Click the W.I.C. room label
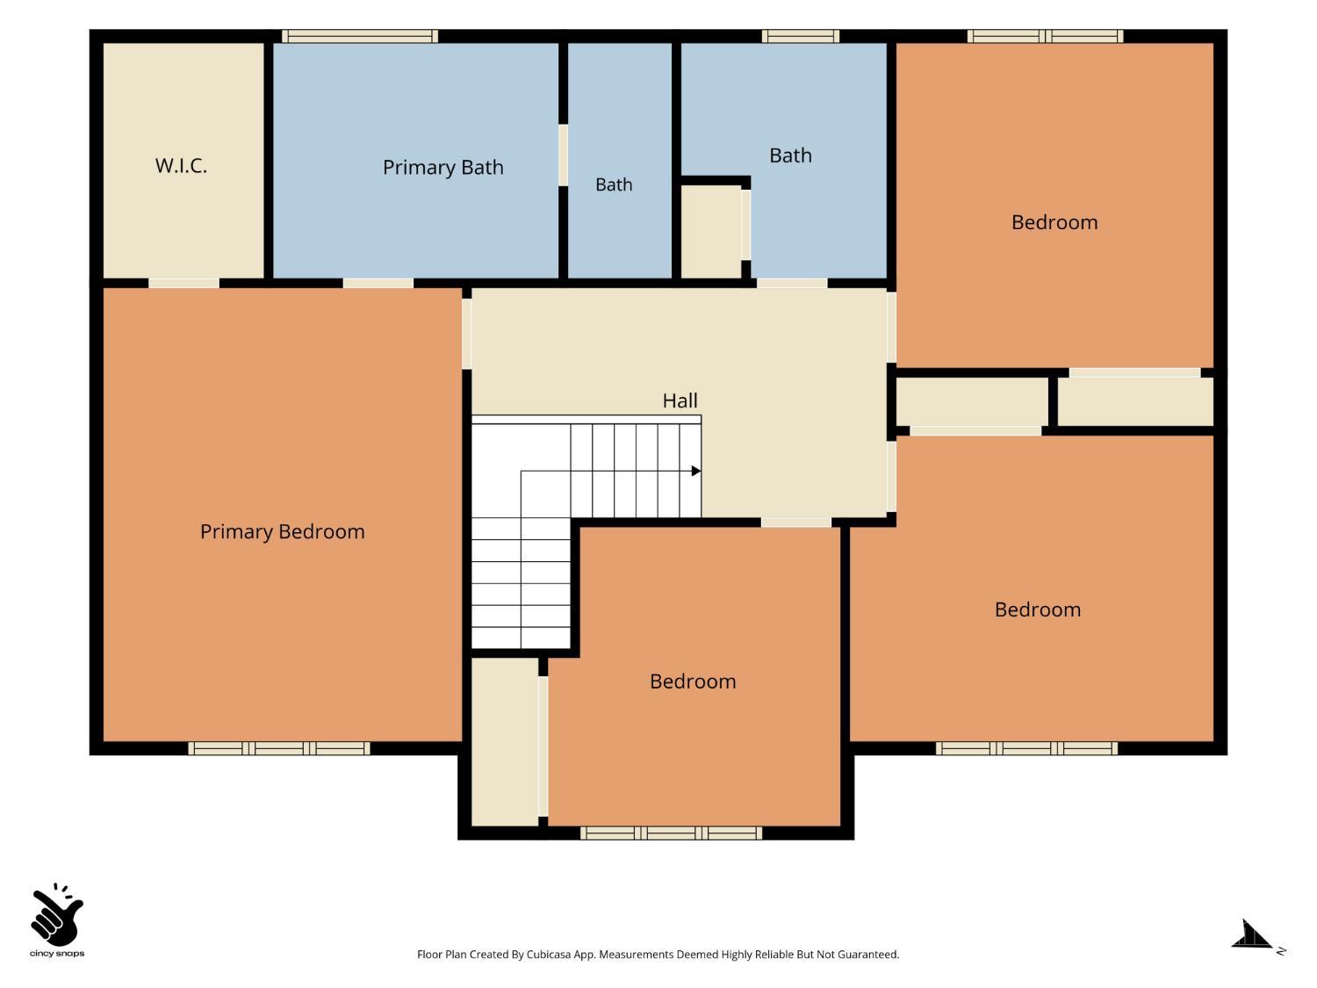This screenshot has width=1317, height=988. pos(181,166)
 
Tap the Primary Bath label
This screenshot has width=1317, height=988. pos(443,168)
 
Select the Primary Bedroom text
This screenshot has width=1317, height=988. pos(282,531)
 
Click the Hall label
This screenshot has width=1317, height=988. pos(680,400)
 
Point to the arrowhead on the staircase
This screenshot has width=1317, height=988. pos(696,471)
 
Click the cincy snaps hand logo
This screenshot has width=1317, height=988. pos(57,914)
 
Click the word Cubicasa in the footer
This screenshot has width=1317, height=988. pos(549,955)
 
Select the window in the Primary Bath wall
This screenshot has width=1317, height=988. pos(360,36)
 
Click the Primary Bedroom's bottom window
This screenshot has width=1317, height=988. pos(279,748)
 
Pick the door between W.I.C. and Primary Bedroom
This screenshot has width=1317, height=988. pos(184,283)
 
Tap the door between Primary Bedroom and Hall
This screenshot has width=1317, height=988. pos(466,334)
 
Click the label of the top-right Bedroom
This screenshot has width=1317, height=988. pos(1054,222)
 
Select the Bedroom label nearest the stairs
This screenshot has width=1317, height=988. pos(693,682)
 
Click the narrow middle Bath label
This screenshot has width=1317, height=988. pos(613,184)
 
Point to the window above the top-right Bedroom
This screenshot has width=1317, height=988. pos(1045,36)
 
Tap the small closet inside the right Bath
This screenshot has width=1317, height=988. pos(711,232)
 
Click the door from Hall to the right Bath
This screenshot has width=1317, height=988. pos(792,283)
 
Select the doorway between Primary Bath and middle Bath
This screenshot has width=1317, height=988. pos(563,155)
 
